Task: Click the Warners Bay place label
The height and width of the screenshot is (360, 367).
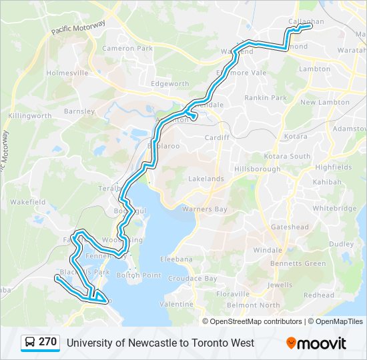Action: (x=205, y=209)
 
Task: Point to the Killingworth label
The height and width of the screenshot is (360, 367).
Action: (x=30, y=115)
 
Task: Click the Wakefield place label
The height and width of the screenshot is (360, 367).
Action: (x=27, y=201)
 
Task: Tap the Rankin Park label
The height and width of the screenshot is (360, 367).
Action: (x=266, y=98)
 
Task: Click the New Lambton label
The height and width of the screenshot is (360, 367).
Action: (x=325, y=103)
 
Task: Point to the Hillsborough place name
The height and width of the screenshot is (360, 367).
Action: (x=258, y=169)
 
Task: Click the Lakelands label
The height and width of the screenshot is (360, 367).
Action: (x=206, y=179)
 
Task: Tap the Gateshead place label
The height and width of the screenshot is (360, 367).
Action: (x=290, y=227)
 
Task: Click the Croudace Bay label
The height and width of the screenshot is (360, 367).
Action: (x=193, y=278)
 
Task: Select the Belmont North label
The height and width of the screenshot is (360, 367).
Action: (x=254, y=305)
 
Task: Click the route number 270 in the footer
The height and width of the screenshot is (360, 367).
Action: (x=47, y=342)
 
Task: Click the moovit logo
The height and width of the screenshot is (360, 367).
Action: (x=316, y=343)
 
